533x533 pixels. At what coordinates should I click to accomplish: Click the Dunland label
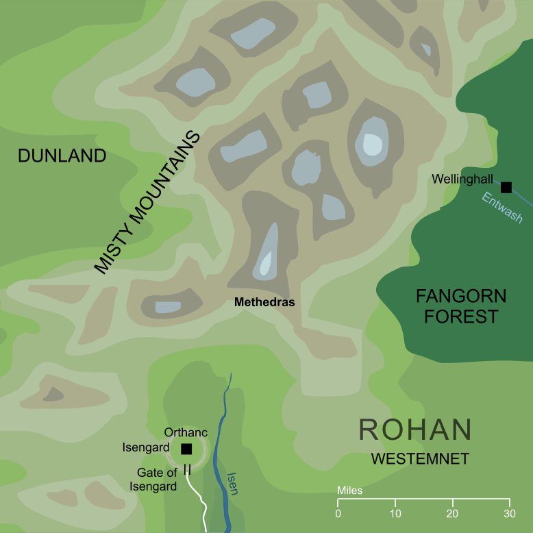click(62, 156)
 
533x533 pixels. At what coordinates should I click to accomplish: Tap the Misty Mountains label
click(147, 203)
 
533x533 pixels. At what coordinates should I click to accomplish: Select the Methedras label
click(264, 301)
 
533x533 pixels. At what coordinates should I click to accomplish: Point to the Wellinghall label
click(463, 179)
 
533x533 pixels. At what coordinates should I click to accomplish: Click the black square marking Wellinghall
click(506, 187)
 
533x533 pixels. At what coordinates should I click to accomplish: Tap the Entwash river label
click(502, 208)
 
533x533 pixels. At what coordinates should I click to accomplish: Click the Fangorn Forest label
click(461, 306)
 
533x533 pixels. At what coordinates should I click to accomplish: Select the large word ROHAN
click(415, 430)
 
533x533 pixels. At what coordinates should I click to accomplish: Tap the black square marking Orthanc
click(186, 449)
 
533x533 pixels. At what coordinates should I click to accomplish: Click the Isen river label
click(233, 482)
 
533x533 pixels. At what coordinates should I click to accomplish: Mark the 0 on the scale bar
click(338, 514)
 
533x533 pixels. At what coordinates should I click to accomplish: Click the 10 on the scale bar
click(395, 514)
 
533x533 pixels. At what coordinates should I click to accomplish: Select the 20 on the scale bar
click(451, 514)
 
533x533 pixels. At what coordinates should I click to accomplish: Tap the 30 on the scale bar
click(508, 514)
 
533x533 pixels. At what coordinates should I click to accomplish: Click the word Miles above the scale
click(349, 491)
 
